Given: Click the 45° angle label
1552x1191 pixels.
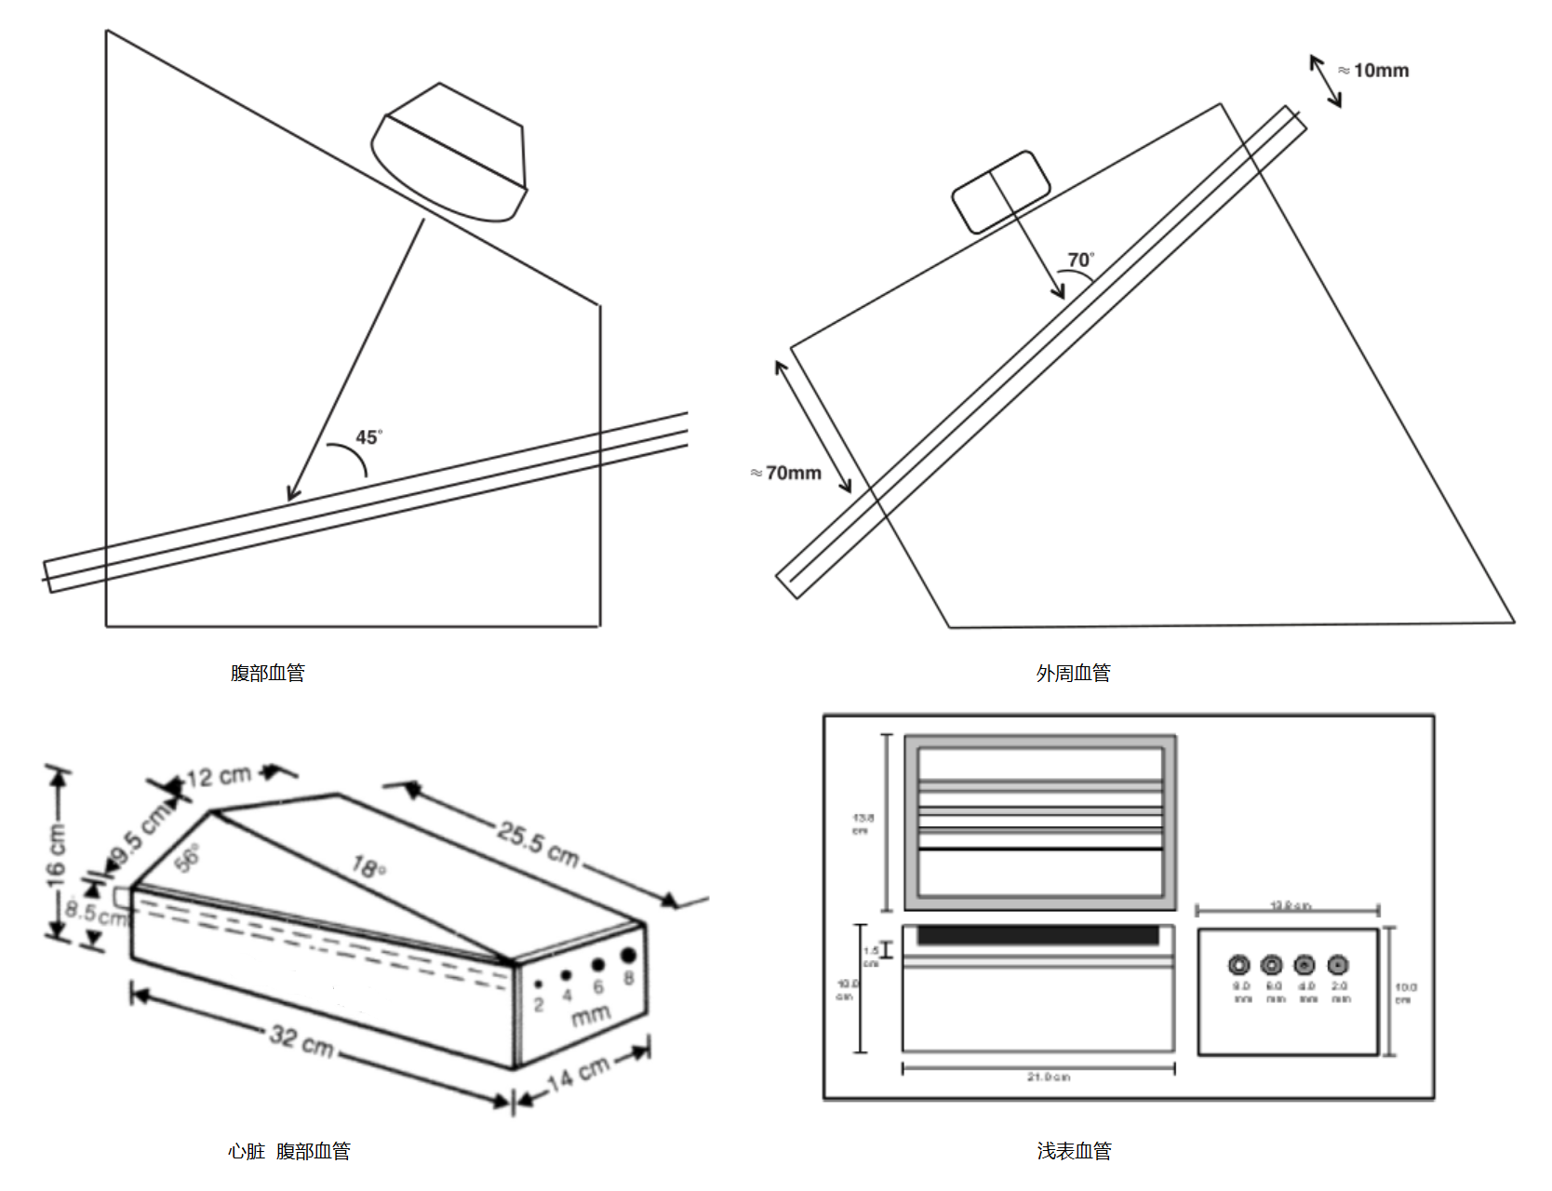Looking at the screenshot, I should [368, 437].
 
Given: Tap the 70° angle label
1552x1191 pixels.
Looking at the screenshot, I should [1080, 261].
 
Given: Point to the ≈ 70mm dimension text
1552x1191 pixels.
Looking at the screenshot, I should [786, 473].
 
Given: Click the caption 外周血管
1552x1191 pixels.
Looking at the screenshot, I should [1073, 673].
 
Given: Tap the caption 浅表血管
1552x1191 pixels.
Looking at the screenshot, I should [1074, 1151].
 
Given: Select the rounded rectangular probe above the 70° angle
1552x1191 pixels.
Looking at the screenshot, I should [1000, 191].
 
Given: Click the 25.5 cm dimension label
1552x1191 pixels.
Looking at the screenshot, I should [538, 843].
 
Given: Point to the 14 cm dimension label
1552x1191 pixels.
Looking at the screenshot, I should [578, 1074].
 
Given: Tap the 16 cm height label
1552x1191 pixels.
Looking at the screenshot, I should [57, 852].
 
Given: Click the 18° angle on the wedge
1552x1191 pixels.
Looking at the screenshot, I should [368, 867].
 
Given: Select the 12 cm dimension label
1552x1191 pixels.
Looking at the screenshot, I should [218, 775].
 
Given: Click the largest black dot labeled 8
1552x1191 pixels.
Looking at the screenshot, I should [628, 956].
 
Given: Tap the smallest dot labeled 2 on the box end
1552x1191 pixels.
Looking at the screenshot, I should [538, 984].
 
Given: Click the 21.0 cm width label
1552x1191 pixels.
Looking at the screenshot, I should [1048, 1077].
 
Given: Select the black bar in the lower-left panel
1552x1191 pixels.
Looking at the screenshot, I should [1038, 935].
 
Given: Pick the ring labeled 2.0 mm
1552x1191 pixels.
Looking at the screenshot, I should [1337, 965].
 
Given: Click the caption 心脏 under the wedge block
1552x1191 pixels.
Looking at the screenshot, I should [247, 1151].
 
